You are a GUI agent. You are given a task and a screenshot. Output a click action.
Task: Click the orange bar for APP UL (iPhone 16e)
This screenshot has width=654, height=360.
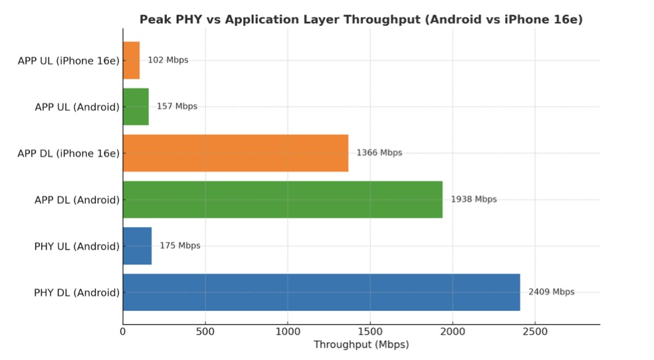(x=131, y=60)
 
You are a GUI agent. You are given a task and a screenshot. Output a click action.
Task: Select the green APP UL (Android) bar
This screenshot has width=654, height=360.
(x=136, y=106)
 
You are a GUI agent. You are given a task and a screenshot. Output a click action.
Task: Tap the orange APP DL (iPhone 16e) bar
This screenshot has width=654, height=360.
(x=235, y=153)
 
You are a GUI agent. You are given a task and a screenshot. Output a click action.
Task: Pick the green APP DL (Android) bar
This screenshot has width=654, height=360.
(x=282, y=199)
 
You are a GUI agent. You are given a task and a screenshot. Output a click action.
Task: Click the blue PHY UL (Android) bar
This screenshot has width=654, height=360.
(x=137, y=246)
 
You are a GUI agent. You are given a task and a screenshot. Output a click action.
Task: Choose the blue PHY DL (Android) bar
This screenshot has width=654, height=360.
(x=321, y=292)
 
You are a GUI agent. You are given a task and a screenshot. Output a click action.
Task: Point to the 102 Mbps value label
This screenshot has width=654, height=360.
(x=167, y=60)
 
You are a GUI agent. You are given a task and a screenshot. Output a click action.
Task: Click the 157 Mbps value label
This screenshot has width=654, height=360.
(x=177, y=106)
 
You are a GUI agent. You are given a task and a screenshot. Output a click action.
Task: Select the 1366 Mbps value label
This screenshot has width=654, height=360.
(x=379, y=153)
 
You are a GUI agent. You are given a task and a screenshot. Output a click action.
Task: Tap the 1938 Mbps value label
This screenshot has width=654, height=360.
(x=473, y=199)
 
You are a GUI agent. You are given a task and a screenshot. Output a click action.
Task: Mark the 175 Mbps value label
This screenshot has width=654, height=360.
(x=179, y=246)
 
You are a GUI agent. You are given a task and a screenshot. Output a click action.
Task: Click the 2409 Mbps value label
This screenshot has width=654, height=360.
(x=551, y=292)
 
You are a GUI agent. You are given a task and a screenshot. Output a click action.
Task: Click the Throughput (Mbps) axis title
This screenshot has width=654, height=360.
(x=361, y=345)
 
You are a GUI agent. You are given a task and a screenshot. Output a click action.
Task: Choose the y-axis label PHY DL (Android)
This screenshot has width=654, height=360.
(x=77, y=292)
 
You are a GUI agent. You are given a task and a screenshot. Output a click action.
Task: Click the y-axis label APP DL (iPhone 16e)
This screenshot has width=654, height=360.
(x=68, y=153)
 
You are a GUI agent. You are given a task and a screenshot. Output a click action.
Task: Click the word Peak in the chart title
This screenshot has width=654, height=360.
(x=152, y=20)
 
